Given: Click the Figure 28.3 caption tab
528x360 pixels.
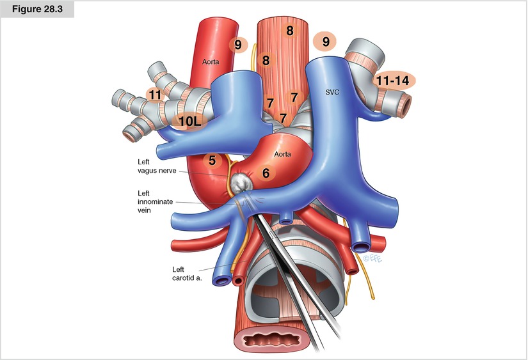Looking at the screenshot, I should click(x=37, y=10).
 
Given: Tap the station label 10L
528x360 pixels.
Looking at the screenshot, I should click(x=188, y=121).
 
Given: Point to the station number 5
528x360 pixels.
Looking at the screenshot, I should click(x=212, y=160).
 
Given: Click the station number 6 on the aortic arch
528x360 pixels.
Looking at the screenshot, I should click(x=265, y=171).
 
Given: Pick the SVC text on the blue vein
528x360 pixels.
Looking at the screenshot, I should click(x=332, y=92).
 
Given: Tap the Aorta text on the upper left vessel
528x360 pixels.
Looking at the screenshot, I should click(x=211, y=62).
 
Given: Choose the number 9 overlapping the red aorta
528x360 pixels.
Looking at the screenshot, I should click(x=238, y=45).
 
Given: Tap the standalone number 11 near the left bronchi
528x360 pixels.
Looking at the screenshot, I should click(x=154, y=95).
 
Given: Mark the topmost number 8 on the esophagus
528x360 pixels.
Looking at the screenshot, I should click(x=290, y=30).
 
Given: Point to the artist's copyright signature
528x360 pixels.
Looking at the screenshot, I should click(x=371, y=258).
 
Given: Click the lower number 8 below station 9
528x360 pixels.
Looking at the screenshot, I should click(x=266, y=60).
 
